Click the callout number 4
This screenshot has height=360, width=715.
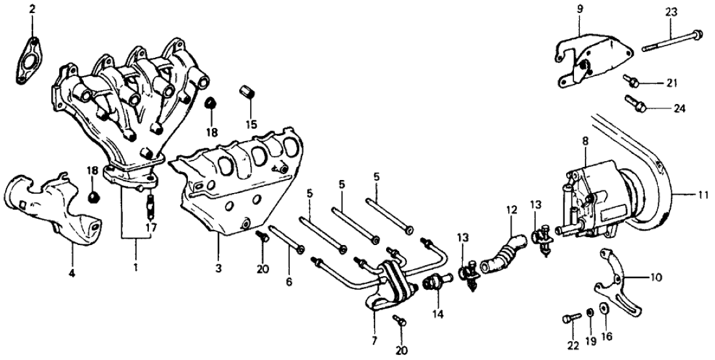(x=72, y=274)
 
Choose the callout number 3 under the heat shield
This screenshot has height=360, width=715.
(x=218, y=268)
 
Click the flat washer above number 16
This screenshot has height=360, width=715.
(x=606, y=307)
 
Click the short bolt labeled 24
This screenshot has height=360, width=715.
(x=634, y=102)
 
